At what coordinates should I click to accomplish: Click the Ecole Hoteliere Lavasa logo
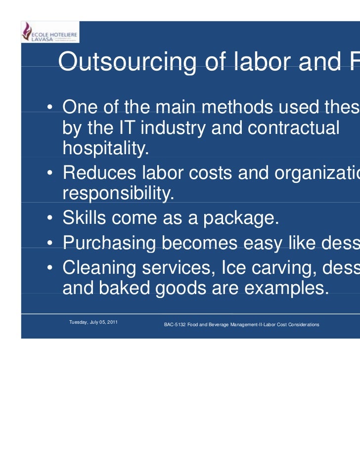point(50,32)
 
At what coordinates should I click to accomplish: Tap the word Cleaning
point(99,268)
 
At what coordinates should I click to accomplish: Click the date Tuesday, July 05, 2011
point(93,322)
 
